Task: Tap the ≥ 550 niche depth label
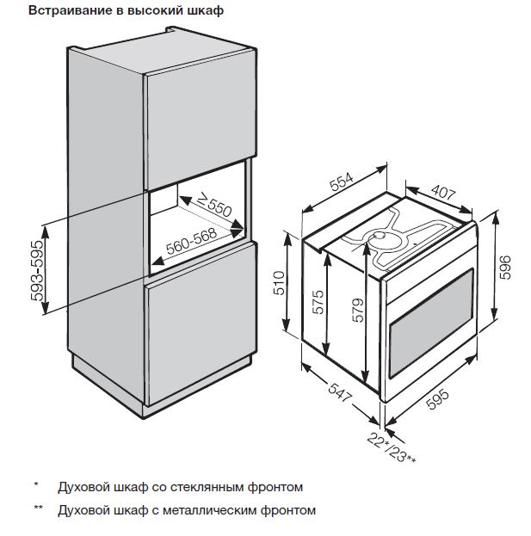click(x=210, y=206)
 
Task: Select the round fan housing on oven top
click(x=377, y=237)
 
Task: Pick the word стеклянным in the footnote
click(x=191, y=487)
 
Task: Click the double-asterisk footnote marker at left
click(x=38, y=509)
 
